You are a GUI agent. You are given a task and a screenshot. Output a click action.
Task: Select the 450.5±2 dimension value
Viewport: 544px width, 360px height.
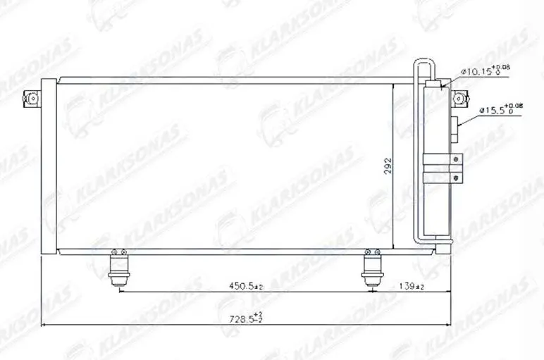[x=245, y=287]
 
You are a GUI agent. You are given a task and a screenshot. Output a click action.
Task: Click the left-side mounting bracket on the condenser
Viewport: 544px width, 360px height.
[x=30, y=99]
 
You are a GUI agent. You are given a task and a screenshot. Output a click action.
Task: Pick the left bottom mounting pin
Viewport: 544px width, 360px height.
[x=118, y=268]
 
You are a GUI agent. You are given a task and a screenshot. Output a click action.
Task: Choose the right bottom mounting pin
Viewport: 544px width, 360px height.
[x=372, y=268]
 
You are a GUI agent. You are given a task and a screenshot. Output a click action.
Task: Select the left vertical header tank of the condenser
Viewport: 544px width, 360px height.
[x=48, y=166]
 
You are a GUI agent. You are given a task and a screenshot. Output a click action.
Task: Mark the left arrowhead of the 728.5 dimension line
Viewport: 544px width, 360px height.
[x=45, y=325]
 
